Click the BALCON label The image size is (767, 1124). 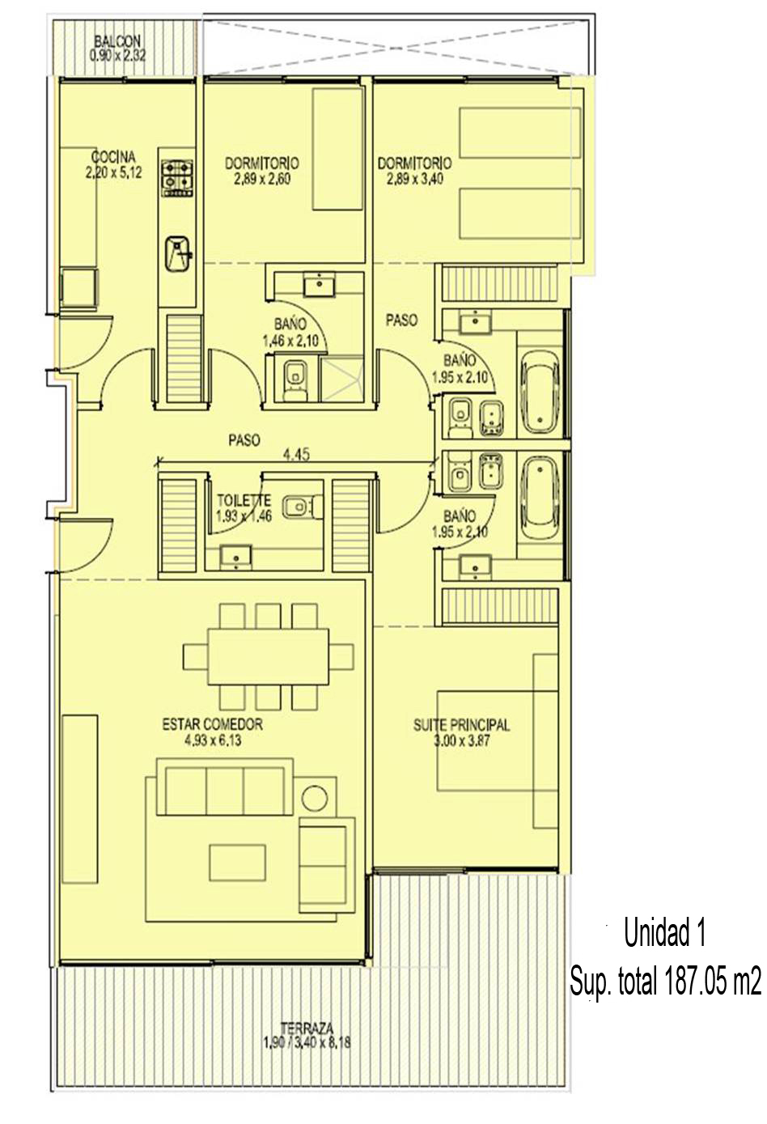(117, 40)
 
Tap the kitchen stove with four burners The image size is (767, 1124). (176, 179)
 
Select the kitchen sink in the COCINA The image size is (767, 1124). (177, 254)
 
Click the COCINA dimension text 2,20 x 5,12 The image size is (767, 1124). (114, 172)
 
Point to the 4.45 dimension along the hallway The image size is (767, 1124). (296, 455)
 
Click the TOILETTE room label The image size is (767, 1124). (244, 500)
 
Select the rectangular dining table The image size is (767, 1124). (269, 656)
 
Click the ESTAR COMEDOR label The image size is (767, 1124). (212, 724)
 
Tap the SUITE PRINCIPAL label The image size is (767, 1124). (461, 725)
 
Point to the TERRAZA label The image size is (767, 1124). (307, 1027)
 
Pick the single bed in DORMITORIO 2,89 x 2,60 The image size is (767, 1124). (337, 149)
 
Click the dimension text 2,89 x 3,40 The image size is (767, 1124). (415, 179)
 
